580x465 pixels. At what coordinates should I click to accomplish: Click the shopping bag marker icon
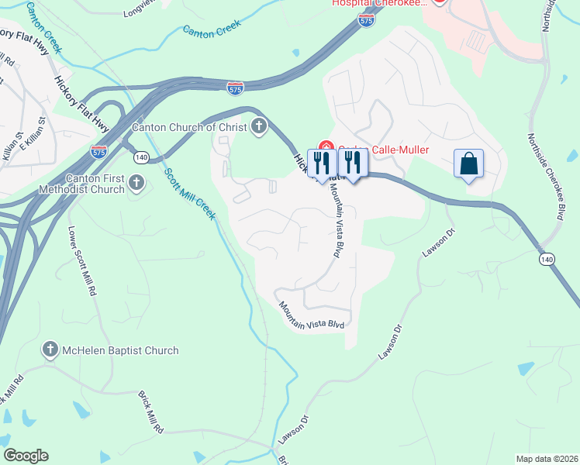468,164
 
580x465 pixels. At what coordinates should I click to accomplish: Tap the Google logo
25,456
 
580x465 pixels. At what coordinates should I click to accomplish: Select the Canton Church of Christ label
189,127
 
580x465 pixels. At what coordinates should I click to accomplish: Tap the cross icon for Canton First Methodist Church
137,184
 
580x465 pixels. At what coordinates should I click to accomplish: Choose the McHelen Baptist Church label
120,350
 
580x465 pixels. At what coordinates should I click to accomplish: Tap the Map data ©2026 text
545,459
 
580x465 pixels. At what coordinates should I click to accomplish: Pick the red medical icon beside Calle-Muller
326,150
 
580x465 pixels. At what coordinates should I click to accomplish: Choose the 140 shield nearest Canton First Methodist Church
140,157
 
